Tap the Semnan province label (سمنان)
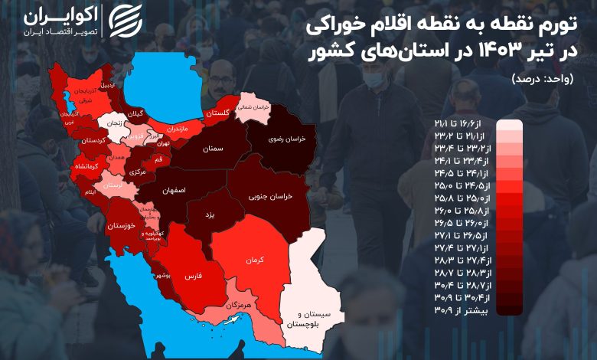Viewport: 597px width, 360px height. coord(214,149)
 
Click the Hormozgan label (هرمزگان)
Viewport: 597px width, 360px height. coord(239,306)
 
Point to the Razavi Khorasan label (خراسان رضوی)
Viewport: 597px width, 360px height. coord(289,139)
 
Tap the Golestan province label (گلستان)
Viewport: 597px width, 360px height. coord(217,113)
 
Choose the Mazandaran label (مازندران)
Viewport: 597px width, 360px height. coord(175,129)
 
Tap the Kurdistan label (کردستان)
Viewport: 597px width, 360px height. coord(92,141)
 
